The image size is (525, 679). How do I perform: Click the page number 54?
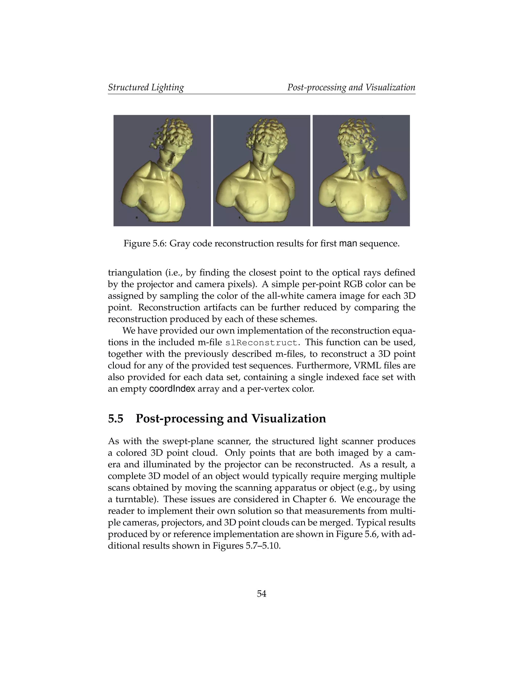(261, 594)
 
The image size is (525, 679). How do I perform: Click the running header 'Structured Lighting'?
(146, 87)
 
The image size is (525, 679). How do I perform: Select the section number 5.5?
(116, 418)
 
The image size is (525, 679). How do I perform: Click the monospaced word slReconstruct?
(262, 343)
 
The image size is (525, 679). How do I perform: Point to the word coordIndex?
(172, 389)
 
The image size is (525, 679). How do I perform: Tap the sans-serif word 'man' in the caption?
(348, 243)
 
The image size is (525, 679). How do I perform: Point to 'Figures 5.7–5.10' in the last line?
(246, 546)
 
